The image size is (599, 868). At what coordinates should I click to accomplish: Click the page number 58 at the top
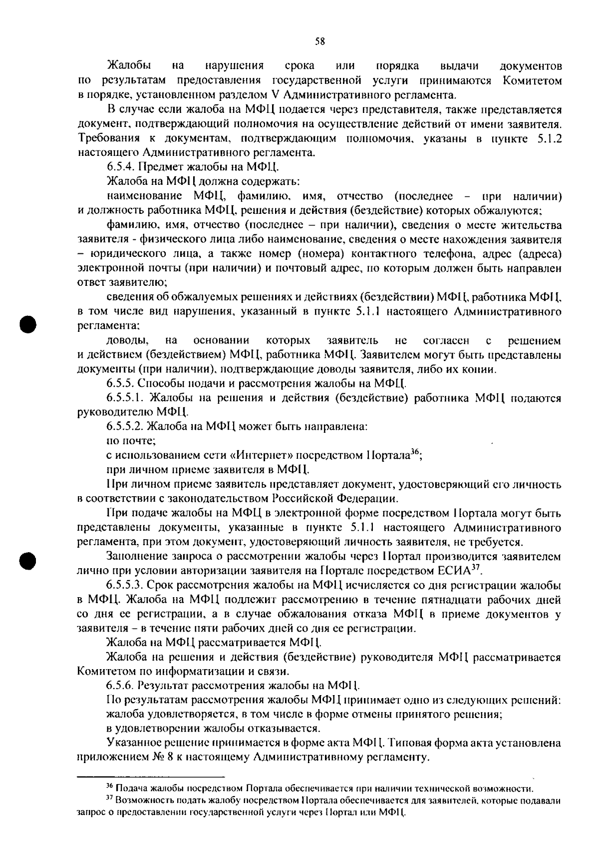(320, 42)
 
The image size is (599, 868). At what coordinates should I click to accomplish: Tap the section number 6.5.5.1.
(125, 398)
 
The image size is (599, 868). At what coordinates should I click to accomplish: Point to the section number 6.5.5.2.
(125, 427)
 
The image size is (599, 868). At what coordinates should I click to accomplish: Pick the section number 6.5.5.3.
(125, 585)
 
